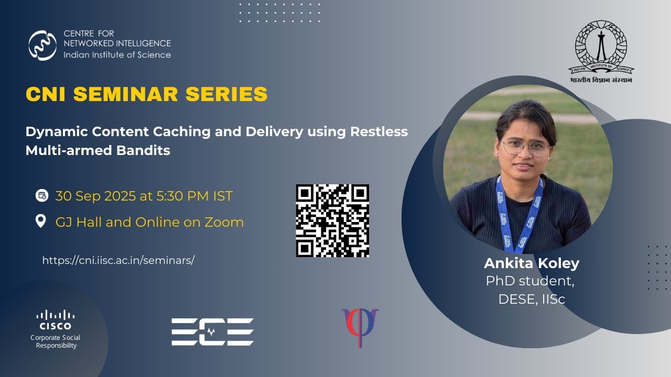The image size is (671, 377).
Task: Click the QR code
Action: (332, 220)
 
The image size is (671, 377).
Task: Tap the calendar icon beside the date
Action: (41, 196)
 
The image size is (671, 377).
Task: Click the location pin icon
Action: (41, 221)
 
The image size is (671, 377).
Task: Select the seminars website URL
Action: (118, 260)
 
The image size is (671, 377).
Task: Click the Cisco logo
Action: (56, 320)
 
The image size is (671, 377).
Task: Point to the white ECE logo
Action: (212, 331)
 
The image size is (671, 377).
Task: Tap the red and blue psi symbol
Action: (360, 326)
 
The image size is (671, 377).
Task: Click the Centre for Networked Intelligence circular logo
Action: (42, 46)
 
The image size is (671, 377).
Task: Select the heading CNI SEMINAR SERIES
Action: (146, 95)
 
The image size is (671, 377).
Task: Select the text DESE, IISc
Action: (531, 300)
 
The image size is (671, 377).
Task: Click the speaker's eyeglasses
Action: (524, 147)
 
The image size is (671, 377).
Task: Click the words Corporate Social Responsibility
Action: (56, 341)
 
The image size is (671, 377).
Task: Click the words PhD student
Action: (530, 281)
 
